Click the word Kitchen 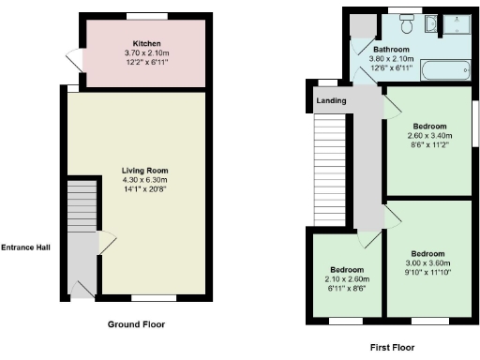144,44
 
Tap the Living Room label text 144,171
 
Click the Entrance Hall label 25,248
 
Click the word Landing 331,100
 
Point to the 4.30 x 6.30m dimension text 144,180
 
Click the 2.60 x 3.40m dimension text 429,136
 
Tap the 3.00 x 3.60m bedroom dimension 427,262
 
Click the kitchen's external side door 74,58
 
